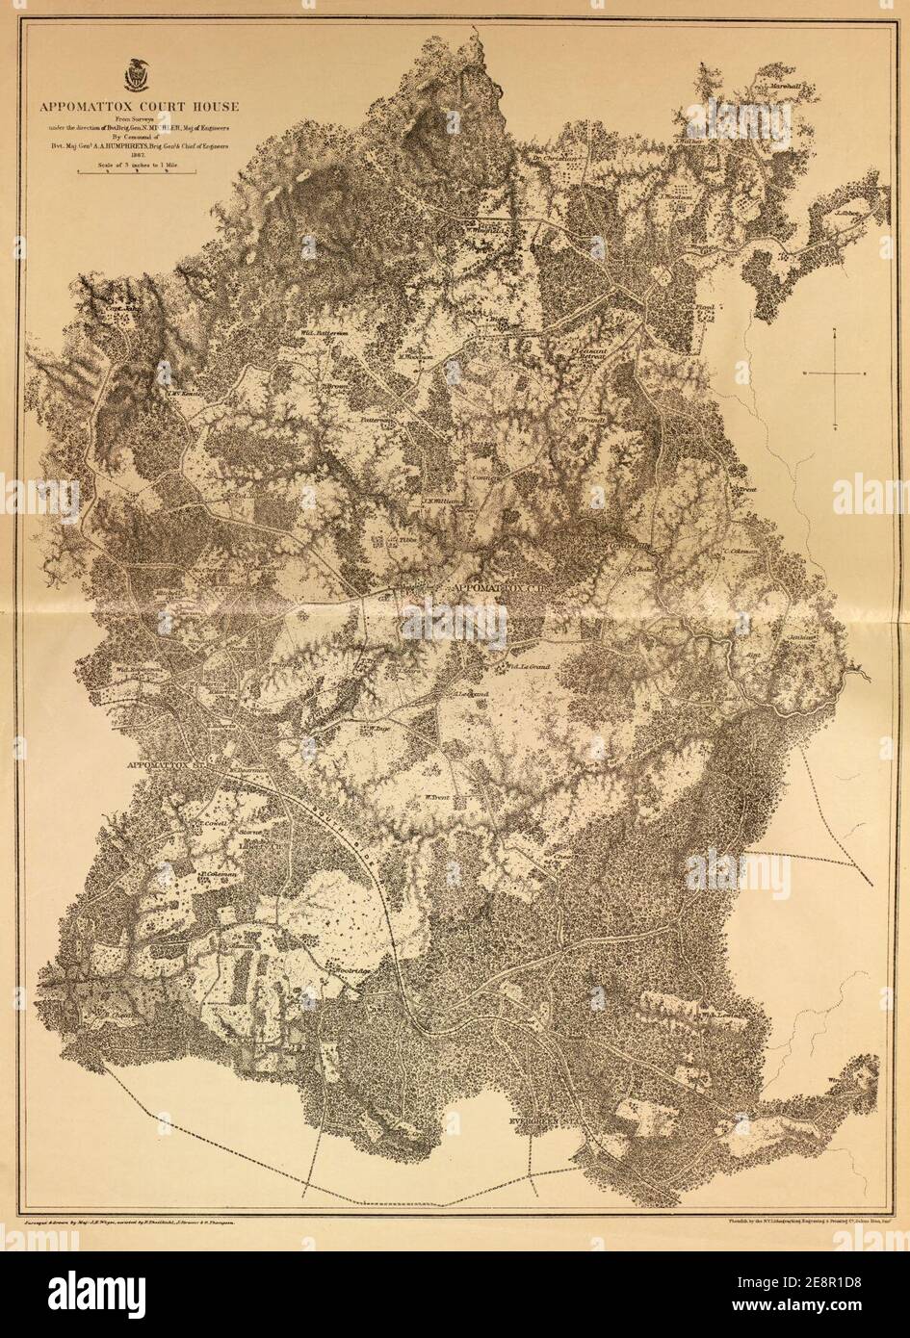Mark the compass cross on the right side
(834, 373)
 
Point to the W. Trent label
(439, 795)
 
